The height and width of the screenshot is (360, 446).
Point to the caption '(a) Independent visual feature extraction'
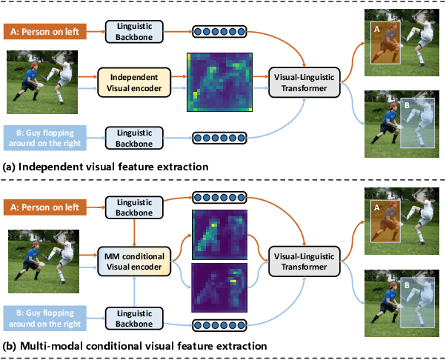pos(107,167)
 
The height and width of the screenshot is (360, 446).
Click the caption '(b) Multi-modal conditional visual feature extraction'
pos(133,346)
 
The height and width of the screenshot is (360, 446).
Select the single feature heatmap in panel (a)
pos(220,81)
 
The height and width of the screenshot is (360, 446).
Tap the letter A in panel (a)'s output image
pos(376,27)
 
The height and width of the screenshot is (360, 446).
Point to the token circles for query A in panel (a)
pos(220,31)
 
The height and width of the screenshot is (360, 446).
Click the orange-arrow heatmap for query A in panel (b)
pos(220,233)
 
